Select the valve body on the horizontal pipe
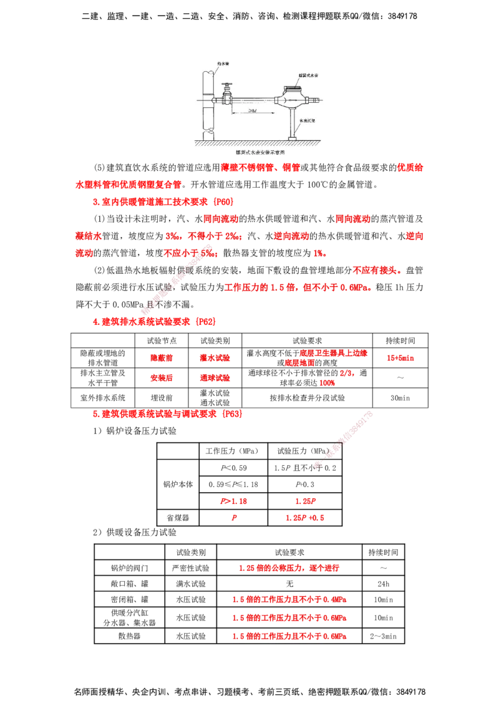(x=227, y=98)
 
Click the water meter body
(x=290, y=100)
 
